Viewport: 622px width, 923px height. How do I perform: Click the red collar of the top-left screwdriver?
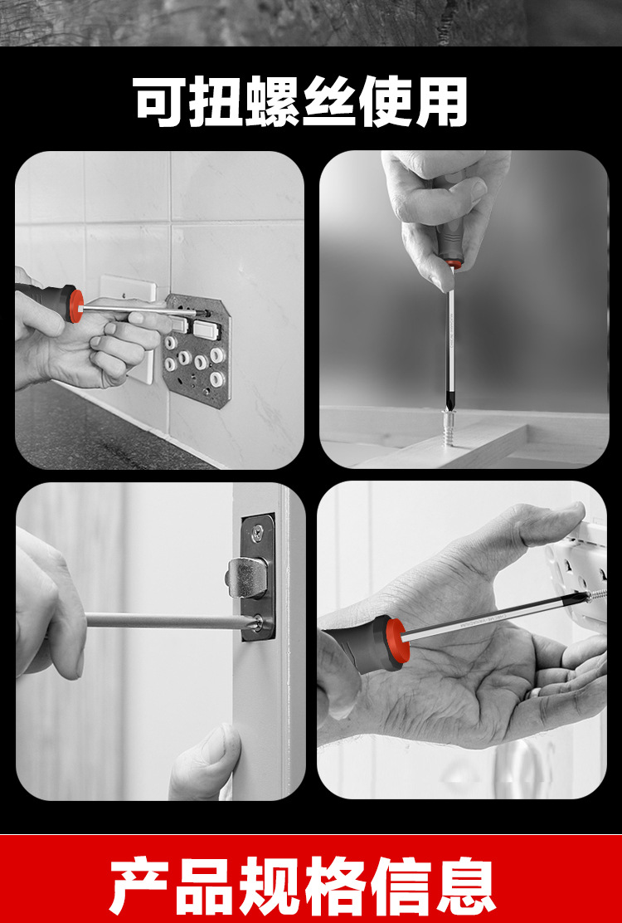click(x=75, y=305)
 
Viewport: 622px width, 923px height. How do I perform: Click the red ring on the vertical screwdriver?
click(x=451, y=264)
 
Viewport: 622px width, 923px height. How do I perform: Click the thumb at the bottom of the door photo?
click(x=206, y=761)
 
